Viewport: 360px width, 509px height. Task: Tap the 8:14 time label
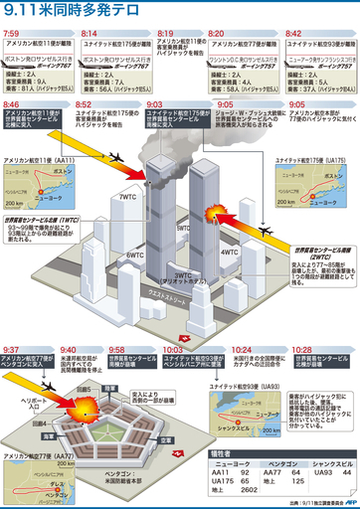point(88,33)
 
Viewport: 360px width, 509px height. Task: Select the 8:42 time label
point(293,33)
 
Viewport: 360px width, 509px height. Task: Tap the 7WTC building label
point(127,197)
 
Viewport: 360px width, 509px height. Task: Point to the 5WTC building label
point(182,228)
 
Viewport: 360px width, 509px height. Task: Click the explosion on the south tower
point(214,215)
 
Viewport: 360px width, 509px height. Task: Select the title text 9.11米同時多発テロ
point(62,12)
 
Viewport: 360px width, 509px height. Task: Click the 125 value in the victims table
point(294,479)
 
